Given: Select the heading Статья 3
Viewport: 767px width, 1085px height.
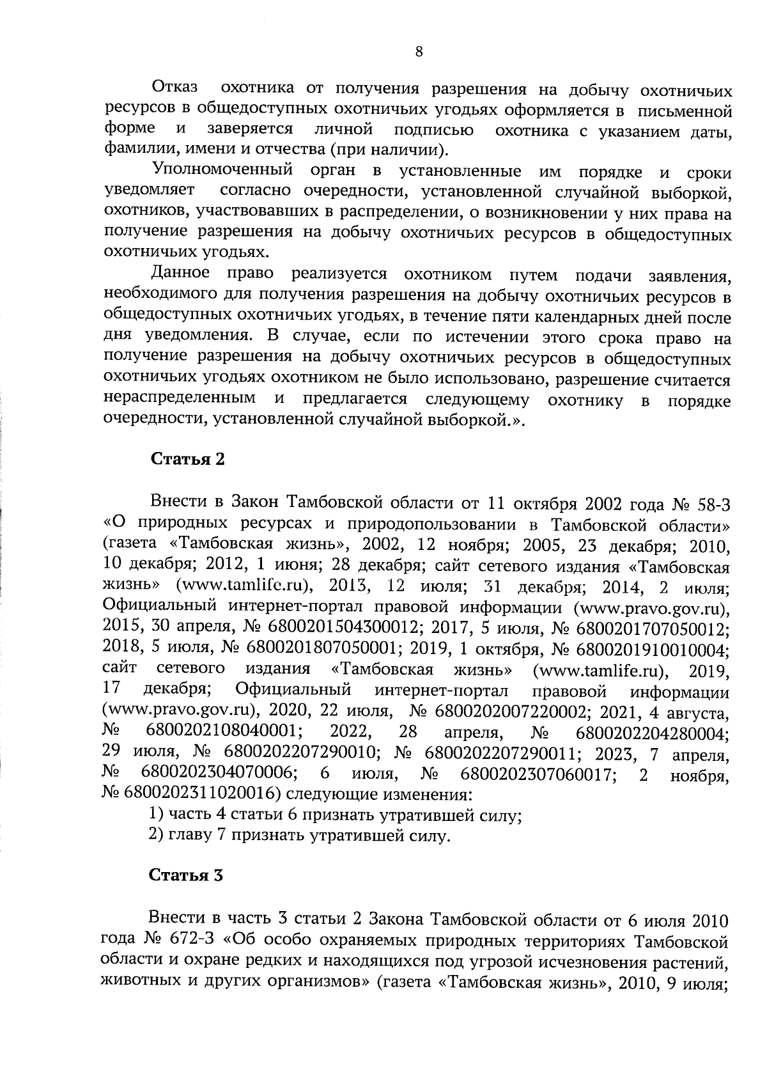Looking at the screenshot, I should (x=186, y=876).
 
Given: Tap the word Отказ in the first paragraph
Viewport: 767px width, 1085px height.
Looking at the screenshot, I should (x=174, y=88).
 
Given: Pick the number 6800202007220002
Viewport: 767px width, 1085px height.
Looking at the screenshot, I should (x=512, y=712).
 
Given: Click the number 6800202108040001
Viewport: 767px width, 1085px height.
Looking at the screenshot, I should (x=224, y=733).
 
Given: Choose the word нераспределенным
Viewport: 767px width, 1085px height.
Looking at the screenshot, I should (x=180, y=400).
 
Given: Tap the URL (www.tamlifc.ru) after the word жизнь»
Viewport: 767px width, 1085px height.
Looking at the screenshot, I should (x=247, y=586).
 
